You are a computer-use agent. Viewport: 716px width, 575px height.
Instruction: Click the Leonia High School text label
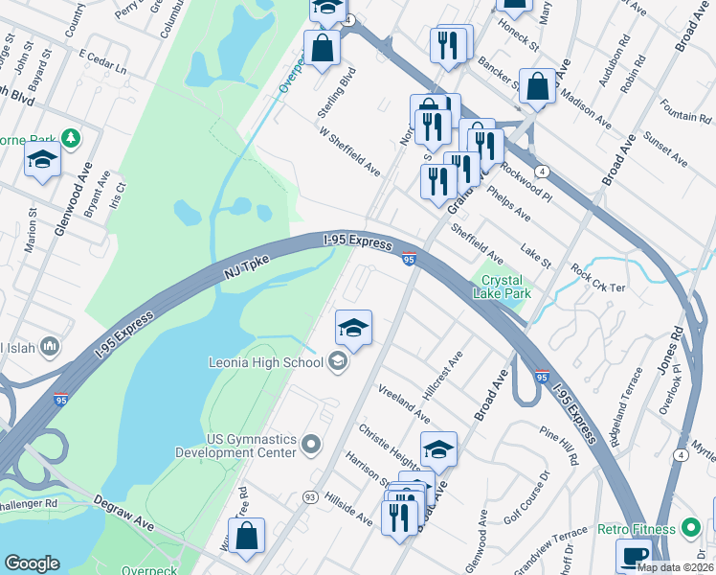265,362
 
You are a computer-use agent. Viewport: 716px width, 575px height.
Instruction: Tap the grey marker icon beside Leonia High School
337,361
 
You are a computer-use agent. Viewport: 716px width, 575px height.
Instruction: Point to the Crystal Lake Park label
503,287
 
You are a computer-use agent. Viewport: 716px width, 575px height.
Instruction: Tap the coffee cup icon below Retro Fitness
635,556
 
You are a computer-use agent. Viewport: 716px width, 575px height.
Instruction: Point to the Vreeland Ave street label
403,403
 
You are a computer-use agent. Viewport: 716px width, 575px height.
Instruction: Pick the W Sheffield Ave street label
350,153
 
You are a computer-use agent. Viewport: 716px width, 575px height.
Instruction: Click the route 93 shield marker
310,496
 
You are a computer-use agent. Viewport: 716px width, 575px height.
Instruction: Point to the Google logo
32,563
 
